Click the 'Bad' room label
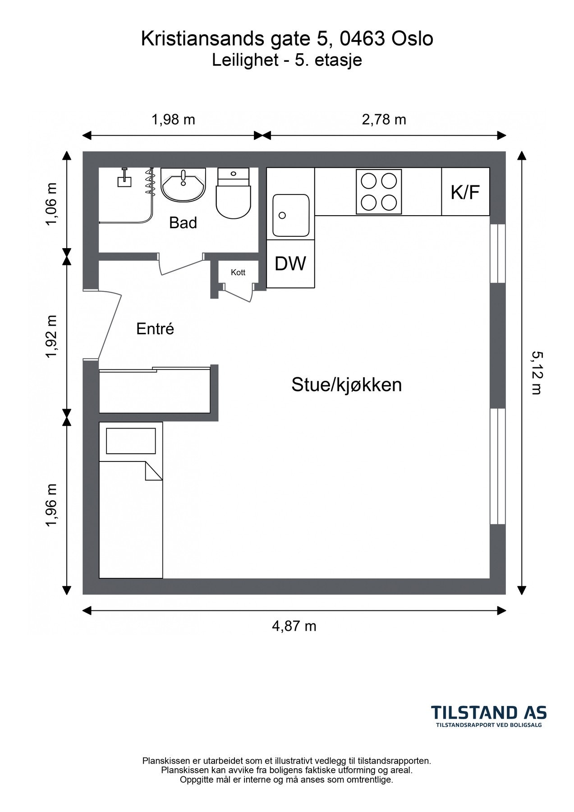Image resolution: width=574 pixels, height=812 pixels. (183, 222)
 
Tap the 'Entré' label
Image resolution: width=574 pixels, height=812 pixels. (155, 329)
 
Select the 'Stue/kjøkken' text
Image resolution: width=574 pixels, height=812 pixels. (346, 385)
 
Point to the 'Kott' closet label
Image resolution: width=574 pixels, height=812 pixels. (238, 272)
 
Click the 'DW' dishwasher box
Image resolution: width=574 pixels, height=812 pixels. (290, 263)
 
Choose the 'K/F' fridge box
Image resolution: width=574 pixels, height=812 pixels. (465, 192)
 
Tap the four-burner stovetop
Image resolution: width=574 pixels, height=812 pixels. (379, 192)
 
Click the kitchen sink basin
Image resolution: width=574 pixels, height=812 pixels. (291, 215)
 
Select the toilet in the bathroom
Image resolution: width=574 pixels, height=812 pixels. (233, 194)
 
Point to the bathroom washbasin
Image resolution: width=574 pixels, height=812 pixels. (183, 185)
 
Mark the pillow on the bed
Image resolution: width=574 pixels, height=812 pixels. (131, 441)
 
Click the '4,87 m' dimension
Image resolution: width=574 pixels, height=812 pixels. (294, 626)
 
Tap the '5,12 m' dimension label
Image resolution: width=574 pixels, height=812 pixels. (536, 373)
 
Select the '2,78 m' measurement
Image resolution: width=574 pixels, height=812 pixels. (384, 120)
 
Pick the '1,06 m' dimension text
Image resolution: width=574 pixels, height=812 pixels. (52, 205)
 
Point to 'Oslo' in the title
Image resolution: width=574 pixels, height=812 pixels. (412, 39)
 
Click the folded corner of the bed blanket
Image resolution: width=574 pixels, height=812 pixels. (153, 471)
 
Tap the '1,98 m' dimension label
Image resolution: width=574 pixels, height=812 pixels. (173, 120)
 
